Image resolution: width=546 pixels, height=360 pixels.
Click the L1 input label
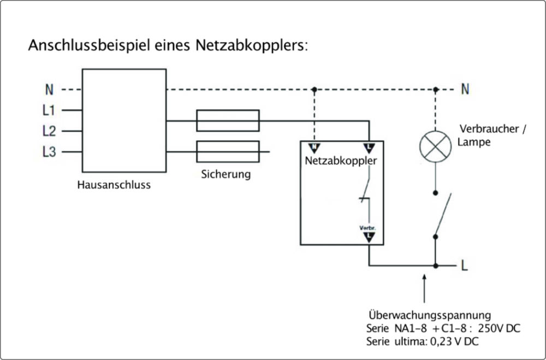pyautogui.click(x=49, y=110)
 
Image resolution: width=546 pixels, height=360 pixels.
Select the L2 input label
pyautogui.click(x=49, y=131)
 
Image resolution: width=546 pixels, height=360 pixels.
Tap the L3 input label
pyautogui.click(x=49, y=152)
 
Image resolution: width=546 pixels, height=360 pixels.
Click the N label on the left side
pyautogui.click(x=49, y=89)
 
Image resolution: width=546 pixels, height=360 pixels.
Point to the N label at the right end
pyautogui.click(x=465, y=89)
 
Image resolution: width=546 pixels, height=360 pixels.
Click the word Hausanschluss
pyautogui.click(x=114, y=185)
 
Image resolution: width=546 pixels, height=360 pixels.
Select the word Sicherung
pyautogui.click(x=225, y=175)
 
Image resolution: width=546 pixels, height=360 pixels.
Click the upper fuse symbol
pyautogui.click(x=228, y=121)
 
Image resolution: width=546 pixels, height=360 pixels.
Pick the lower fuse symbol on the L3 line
pyautogui.click(x=228, y=151)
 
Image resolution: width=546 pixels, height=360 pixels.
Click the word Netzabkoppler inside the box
pyautogui.click(x=341, y=162)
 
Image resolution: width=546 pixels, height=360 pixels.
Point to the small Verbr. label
pyautogui.click(x=369, y=227)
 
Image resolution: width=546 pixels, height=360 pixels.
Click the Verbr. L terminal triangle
pyautogui.click(x=369, y=236)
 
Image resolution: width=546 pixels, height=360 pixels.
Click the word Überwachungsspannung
pyautogui.click(x=429, y=316)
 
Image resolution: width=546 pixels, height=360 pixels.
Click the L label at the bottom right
pyautogui.click(x=465, y=267)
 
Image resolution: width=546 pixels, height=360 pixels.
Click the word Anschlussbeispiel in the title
pyautogui.click(x=81, y=45)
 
